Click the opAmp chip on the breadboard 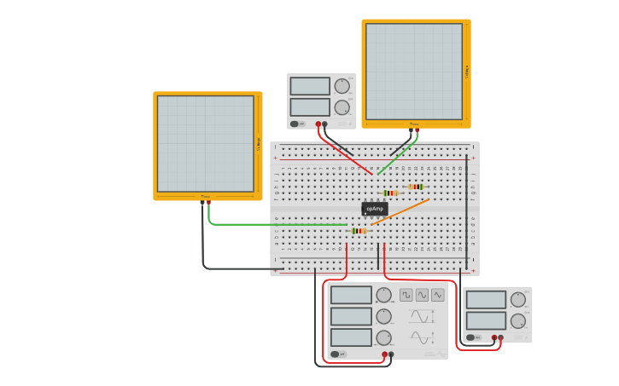(x=374, y=208)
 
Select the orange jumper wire (x=401, y=211)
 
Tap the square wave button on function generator (x=406, y=295)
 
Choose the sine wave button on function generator (x=422, y=295)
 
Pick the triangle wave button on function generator (x=437, y=295)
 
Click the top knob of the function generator (x=383, y=295)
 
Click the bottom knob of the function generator (x=383, y=338)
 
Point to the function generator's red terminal (x=385, y=354)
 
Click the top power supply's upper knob (x=342, y=86)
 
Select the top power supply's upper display (x=310, y=86)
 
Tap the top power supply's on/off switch (x=296, y=124)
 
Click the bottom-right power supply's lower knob (x=518, y=321)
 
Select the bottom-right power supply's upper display (x=486, y=300)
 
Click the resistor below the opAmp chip (x=359, y=231)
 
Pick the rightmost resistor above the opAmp (x=416, y=187)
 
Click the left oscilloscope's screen (x=205, y=143)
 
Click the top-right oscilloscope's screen (x=414, y=72)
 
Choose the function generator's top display (x=351, y=295)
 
